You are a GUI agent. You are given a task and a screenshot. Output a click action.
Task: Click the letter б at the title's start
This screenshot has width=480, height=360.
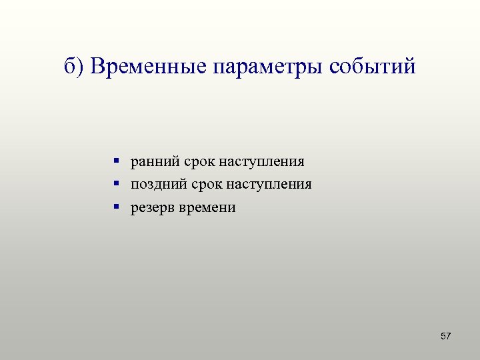tap(70, 67)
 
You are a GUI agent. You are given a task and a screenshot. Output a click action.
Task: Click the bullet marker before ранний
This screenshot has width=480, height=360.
tap(116, 161)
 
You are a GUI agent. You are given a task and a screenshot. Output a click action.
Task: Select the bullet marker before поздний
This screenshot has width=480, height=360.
tap(116, 183)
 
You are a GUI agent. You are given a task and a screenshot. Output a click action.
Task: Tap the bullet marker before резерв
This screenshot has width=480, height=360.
tap(116, 207)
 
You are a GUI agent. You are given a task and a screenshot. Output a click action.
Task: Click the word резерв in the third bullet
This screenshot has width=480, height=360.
tap(151, 208)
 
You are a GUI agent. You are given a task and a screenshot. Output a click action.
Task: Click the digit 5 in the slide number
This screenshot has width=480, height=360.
tap(443, 336)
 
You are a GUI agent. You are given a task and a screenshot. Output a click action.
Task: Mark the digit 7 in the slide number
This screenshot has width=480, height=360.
tap(449, 336)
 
